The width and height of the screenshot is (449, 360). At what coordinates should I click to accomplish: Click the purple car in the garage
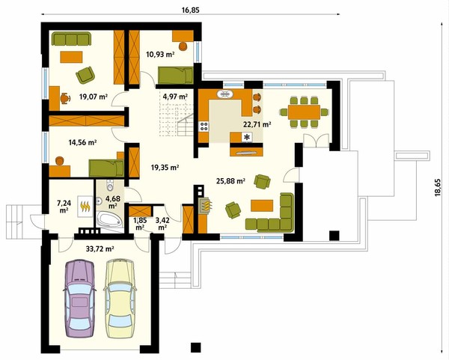pos(79,299)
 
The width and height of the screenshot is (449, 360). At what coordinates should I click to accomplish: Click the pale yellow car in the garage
pos(120,299)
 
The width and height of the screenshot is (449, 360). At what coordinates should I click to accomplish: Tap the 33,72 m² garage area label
pos(100,249)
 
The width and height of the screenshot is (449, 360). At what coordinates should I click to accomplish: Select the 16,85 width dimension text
pos(190,10)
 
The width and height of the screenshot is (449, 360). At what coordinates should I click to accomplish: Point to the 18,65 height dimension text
pos(437,188)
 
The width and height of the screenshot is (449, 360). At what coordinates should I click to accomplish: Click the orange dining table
pos(304,112)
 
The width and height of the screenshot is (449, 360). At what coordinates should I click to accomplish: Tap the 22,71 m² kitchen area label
pos(257,124)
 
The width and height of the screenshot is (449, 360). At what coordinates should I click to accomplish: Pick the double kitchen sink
pos(226,94)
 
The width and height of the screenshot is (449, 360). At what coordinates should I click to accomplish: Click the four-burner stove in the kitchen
pos(204,126)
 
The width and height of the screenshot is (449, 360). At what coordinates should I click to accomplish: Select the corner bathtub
pos(109,220)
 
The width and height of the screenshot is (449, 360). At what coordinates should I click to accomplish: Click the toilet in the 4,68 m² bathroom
pos(110,186)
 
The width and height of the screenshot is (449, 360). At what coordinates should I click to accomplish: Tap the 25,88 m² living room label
pos(230,181)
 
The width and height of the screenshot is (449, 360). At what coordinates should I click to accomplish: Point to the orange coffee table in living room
pos(262,206)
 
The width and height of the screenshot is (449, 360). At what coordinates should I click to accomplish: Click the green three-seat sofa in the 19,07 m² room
pos(71,39)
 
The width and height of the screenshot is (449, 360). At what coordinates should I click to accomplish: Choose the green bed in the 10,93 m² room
pos(176,76)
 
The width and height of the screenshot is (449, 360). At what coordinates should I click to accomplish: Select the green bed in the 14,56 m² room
pos(106,168)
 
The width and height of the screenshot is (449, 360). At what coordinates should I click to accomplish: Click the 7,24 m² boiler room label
pos(64,207)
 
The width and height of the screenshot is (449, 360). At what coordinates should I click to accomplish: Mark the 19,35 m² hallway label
pos(165,168)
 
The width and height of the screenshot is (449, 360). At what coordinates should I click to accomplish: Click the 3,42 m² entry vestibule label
pos(162,224)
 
